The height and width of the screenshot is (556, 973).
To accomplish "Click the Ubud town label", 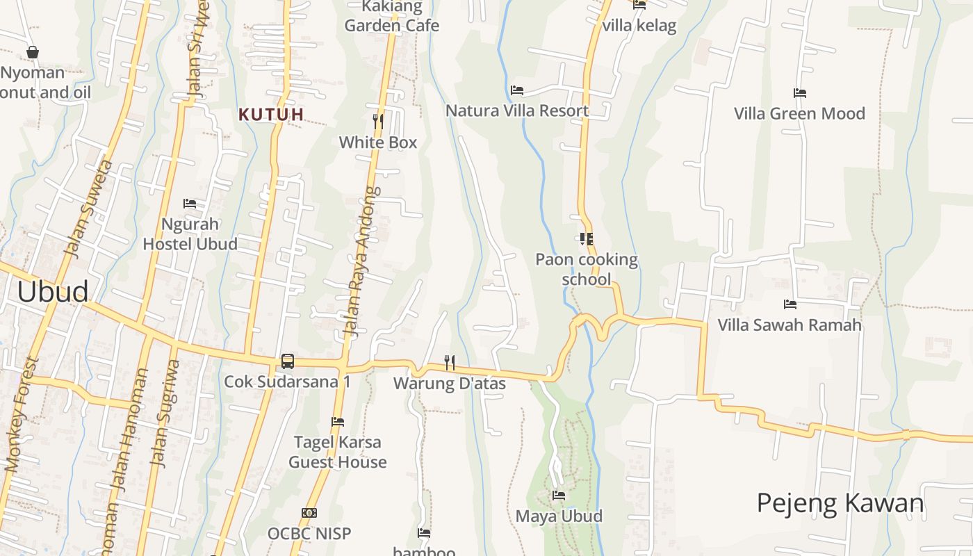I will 53,292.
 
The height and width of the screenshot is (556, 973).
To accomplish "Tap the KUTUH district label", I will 271,115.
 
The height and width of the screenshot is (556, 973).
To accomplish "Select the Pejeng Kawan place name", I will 840,503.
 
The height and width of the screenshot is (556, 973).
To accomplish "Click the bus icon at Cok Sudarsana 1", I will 287,361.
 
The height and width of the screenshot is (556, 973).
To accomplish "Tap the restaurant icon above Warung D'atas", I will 450,362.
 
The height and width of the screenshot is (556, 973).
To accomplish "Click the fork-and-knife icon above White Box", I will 378,122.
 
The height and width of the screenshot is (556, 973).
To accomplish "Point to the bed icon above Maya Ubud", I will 559,496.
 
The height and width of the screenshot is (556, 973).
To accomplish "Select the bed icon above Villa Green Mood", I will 800,93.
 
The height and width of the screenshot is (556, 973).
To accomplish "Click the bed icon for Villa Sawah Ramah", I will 790,304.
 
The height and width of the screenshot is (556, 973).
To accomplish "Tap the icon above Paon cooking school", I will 587,239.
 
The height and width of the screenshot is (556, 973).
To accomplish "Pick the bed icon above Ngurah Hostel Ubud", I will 190,204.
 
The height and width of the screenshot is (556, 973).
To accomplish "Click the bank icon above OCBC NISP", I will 309,513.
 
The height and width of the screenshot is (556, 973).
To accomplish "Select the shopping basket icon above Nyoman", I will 32,52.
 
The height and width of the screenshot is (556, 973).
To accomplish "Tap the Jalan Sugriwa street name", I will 165,414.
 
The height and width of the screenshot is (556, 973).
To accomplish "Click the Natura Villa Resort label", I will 517,111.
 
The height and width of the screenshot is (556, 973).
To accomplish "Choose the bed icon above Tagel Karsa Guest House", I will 338,422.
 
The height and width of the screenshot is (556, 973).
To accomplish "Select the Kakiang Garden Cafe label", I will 392,17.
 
